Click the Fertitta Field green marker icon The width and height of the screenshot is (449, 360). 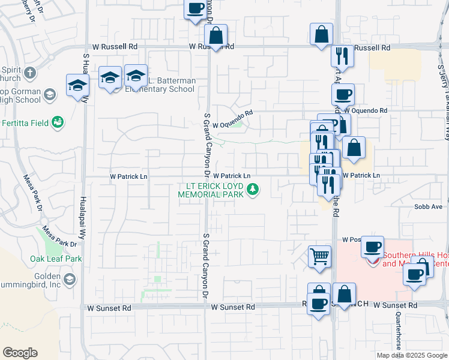pyautogui.click(x=58, y=122)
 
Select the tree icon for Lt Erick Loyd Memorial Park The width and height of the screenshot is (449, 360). pyautogui.click(x=254, y=190)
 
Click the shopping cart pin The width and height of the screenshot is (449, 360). pyautogui.click(x=319, y=256)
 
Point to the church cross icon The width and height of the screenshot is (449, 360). pyautogui.click(x=31, y=74)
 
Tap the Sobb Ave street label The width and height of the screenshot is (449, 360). pyautogui.click(x=427, y=206)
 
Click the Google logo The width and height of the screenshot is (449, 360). pyautogui.click(x=20, y=353)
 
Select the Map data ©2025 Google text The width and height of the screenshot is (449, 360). pyautogui.click(x=412, y=355)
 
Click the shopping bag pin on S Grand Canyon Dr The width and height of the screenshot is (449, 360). pyautogui.click(x=216, y=37)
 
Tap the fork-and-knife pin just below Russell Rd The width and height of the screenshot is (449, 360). pyautogui.click(x=342, y=56)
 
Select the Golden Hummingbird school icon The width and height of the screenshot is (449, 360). pyautogui.click(x=70, y=280)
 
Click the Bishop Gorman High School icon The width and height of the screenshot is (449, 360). pyautogui.click(x=50, y=94)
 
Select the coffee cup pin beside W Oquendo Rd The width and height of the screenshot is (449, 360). pyautogui.click(x=343, y=94)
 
